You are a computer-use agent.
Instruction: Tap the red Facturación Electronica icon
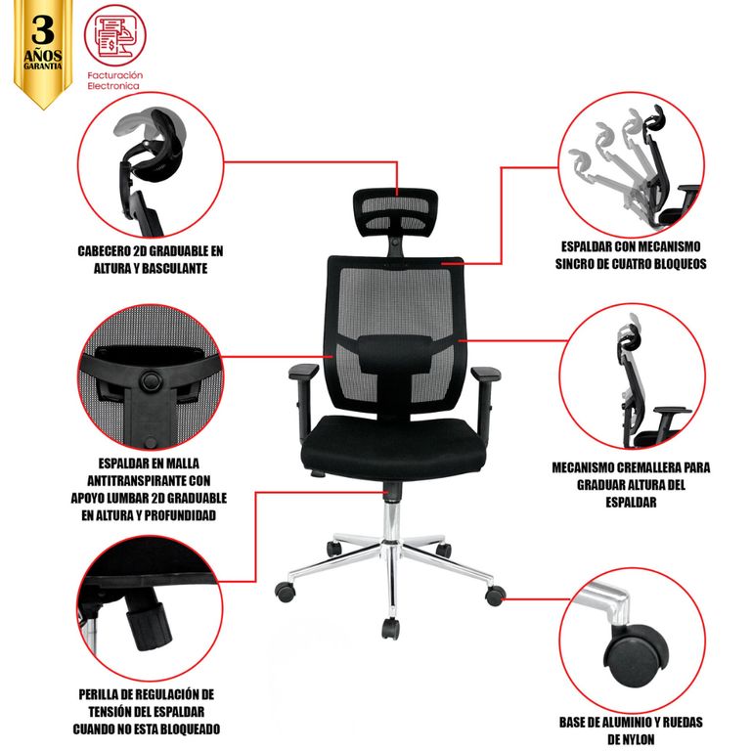pos(115,35)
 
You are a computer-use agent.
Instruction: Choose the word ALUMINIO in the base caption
pos(626,722)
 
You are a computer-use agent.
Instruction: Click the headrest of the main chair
pos(395,212)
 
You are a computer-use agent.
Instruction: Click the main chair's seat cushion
pos(394,446)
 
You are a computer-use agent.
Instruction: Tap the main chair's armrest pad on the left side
pos(303,372)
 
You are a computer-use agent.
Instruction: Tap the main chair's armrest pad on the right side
pos(486,374)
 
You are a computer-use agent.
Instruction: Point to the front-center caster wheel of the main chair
pos(390,629)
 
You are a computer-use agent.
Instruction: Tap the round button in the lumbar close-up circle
pos(151,380)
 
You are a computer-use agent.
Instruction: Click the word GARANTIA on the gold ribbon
pos(43,66)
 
